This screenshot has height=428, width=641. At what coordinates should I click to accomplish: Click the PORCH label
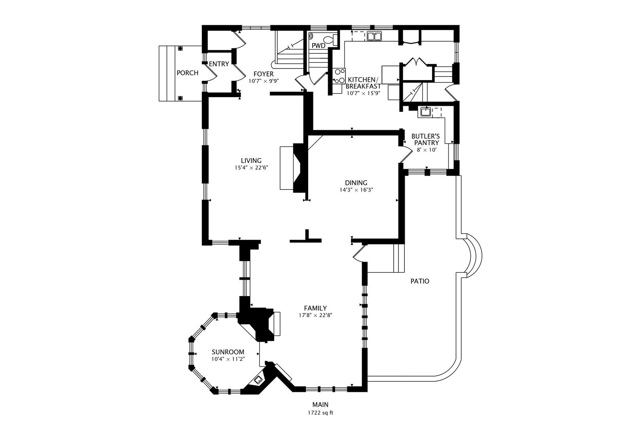(188, 73)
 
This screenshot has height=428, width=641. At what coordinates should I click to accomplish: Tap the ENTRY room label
(219, 64)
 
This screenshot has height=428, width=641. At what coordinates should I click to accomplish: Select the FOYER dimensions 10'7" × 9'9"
(264, 81)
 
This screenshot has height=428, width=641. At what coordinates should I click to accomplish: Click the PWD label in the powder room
(319, 46)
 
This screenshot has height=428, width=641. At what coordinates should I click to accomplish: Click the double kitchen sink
(374, 36)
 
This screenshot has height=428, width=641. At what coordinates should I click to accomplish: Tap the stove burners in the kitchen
(339, 76)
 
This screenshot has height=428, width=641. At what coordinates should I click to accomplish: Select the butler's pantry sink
(425, 112)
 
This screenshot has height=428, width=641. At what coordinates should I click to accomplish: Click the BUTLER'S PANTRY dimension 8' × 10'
(427, 150)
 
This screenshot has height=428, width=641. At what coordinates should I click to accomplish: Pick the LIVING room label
(251, 160)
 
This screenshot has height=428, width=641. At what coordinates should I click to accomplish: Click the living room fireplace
(293, 168)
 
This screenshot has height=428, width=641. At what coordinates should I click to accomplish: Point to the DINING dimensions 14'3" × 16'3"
(356, 190)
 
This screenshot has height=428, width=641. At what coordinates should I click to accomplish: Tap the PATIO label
(420, 281)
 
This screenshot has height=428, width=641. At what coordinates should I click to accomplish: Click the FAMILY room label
(315, 308)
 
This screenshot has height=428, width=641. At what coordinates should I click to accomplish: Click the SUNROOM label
(228, 352)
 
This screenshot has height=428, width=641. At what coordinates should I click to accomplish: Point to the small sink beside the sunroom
(258, 380)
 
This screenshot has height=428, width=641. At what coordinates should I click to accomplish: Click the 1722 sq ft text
(320, 413)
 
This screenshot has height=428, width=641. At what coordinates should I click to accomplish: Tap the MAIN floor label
(320, 405)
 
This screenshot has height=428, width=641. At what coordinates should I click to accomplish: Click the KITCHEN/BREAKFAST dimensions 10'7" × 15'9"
(363, 93)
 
